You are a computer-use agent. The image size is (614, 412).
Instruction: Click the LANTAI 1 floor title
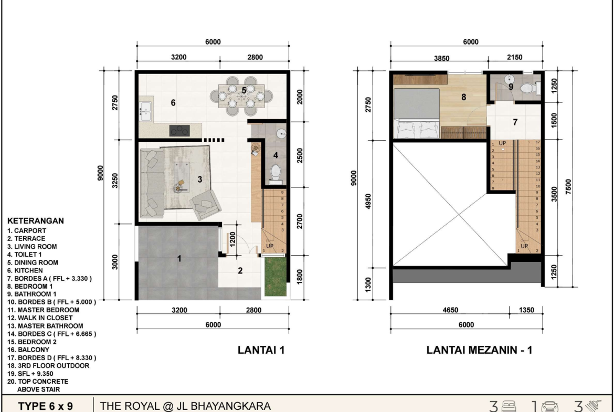(261, 350)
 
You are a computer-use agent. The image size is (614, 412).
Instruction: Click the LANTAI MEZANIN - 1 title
(479, 350)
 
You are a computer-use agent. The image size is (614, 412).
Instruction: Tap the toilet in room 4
(276, 174)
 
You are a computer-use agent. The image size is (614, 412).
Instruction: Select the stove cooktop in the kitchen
(179, 130)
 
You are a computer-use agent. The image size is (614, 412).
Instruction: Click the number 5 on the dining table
(244, 90)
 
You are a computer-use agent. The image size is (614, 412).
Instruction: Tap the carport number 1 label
(179, 258)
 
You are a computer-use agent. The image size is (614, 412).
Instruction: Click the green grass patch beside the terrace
(276, 276)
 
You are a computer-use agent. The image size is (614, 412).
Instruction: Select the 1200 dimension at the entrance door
(232, 239)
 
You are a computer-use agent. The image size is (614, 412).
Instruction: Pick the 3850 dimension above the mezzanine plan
(441, 58)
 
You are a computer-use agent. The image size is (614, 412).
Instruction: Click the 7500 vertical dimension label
(568, 187)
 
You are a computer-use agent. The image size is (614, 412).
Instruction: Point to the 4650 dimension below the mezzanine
(450, 310)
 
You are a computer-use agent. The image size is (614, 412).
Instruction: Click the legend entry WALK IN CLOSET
(40, 318)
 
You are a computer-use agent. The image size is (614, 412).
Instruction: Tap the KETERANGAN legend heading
(36, 220)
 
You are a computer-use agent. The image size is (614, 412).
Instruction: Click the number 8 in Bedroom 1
(463, 97)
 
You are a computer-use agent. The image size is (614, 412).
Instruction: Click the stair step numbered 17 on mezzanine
(537, 142)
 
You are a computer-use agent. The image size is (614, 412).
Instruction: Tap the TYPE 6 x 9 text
(46, 406)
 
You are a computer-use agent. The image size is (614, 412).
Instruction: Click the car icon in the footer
(550, 407)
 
